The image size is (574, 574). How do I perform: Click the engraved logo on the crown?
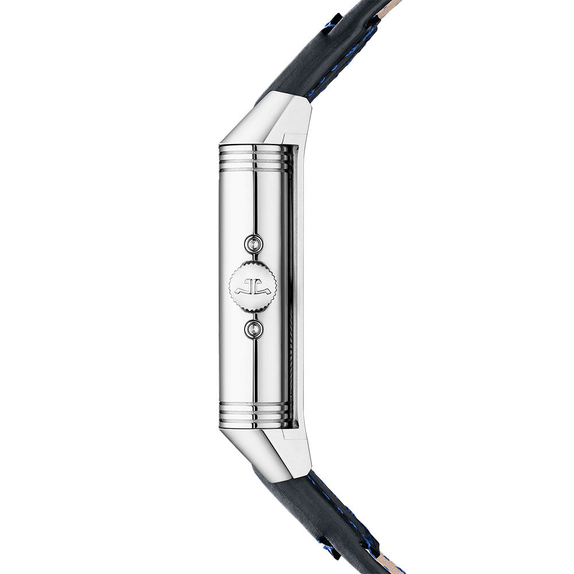253,285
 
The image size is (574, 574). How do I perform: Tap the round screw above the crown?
253,245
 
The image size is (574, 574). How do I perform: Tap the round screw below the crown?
253,328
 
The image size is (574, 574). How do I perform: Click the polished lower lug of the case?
270,453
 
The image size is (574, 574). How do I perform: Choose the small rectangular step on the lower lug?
290,436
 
